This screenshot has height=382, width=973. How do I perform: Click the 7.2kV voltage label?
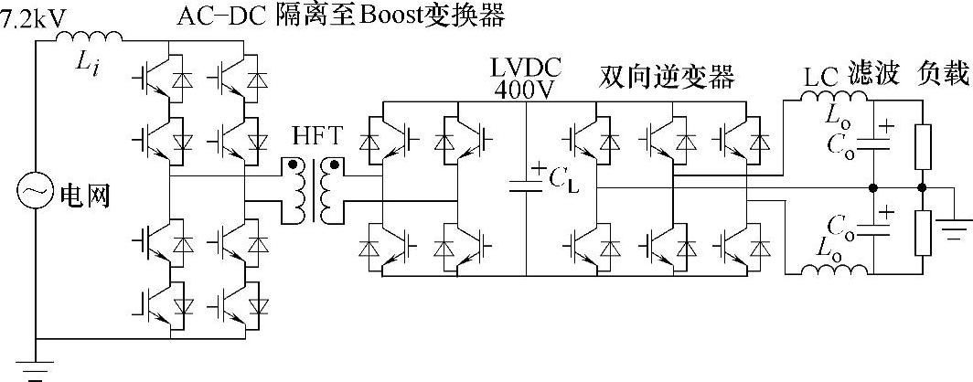[x=32, y=19]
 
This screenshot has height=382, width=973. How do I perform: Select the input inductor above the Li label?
[x=90, y=37]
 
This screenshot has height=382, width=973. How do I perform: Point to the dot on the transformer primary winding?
[x=291, y=165]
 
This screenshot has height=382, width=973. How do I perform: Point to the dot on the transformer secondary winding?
[x=335, y=165]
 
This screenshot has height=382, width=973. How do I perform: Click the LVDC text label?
[x=525, y=67]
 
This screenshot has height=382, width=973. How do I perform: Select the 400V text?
[x=525, y=89]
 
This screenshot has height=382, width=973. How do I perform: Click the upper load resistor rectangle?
[x=923, y=147]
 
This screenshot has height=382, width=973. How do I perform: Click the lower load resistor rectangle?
[x=923, y=232]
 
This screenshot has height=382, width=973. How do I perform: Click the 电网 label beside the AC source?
[x=84, y=196]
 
